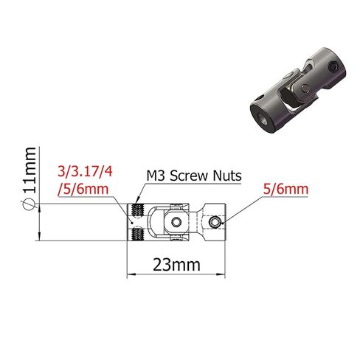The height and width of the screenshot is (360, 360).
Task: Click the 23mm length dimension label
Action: pos(176,265)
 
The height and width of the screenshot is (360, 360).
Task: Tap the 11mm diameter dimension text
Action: pos(29,170)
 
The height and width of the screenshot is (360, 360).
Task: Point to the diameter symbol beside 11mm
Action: pos(29,204)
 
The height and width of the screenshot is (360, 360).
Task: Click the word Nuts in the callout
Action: pos(227,176)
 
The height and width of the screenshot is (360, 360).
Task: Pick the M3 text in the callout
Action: pos(156,176)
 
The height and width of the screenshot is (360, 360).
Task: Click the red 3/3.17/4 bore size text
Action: pos(85,171)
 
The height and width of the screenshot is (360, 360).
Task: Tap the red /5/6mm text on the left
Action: pos(83,190)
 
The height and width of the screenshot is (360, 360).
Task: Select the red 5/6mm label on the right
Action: pos(285,190)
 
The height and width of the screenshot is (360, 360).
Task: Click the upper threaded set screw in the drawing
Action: pos(138,210)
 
